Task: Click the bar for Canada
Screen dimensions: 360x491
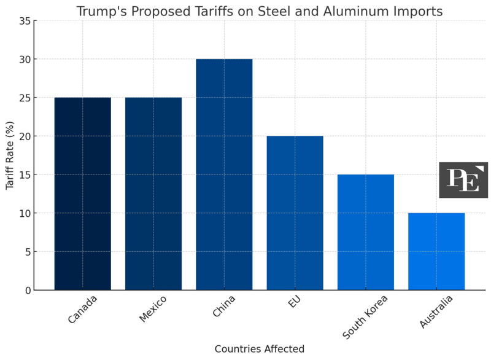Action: coord(83,194)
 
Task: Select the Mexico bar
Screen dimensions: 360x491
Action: coord(153,194)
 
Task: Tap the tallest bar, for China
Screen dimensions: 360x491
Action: coord(224,174)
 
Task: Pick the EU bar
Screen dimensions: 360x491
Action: coord(295,213)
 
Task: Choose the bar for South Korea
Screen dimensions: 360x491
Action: coord(366,232)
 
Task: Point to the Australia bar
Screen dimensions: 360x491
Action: coord(436,251)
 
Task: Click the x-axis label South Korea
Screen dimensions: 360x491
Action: coord(365,316)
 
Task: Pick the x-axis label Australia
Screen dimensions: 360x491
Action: coord(436,311)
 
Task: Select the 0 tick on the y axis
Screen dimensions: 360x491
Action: coord(27,290)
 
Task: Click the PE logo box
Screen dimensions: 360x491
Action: coord(463,180)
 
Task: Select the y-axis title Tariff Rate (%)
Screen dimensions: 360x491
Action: coord(10,155)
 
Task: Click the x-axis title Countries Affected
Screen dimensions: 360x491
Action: coord(260,349)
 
